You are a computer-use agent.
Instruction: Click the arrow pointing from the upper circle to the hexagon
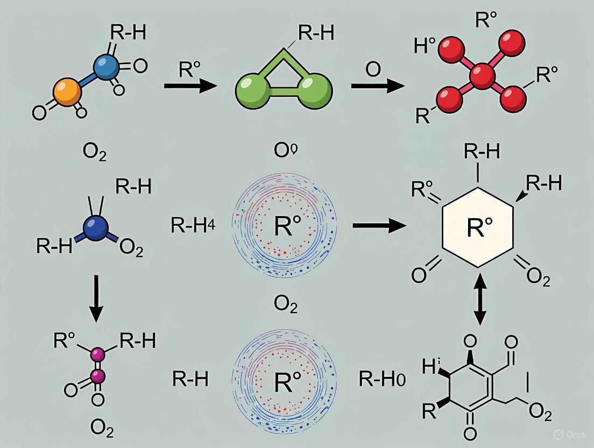coord(379,226)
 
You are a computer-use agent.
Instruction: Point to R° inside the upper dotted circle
coord(285,227)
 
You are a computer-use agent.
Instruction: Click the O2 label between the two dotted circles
coord(285,305)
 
